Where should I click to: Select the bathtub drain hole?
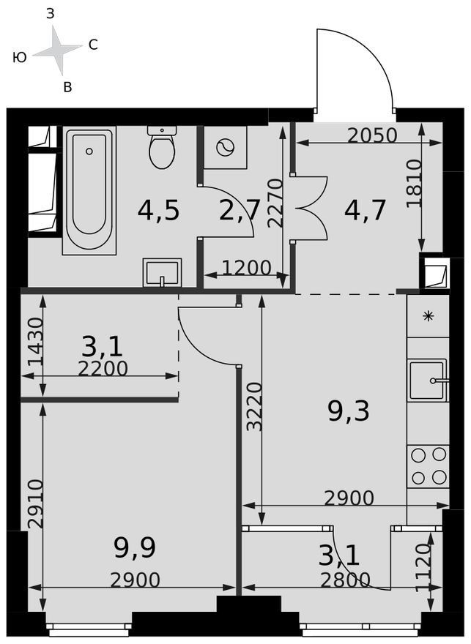coord(89,151)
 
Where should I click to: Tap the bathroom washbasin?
coord(162,272)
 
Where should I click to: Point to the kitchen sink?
coord(428,380)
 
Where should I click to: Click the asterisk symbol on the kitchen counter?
coord(429,316)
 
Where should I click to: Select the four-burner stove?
coord(428,465)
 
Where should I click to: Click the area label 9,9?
coord(135,549)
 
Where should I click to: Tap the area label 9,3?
coord(349,412)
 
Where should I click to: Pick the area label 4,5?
coord(159,211)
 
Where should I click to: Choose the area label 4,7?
coord(366,210)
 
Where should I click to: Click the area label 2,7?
coord(240,211)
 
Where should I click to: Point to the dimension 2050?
coord(372,135)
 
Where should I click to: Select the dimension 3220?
coord(255,407)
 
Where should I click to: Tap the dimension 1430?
coord(36,342)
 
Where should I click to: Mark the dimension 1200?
coord(247,268)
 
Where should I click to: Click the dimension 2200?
coord(103,369)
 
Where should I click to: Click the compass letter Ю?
coord(20,58)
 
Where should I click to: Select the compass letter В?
coord(68,86)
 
